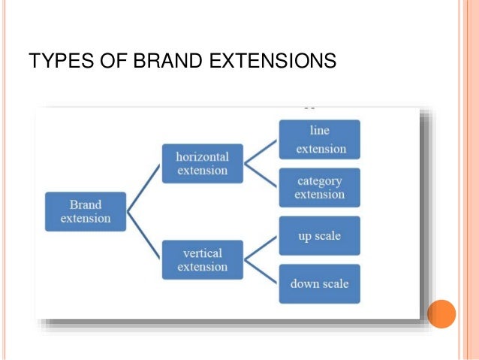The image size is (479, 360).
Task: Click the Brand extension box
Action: (x=86, y=211)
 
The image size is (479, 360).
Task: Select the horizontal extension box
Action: (x=202, y=163)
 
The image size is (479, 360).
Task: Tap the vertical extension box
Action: (x=202, y=259)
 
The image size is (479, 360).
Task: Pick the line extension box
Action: (x=319, y=140)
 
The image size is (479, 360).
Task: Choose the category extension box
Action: (x=319, y=188)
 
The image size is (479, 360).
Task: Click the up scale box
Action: (x=319, y=236)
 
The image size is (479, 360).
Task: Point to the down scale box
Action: (x=319, y=284)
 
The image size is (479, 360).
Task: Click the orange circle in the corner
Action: (x=441, y=313)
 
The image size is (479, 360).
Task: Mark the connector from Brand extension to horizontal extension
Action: (x=144, y=188)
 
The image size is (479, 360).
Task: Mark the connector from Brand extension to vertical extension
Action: (x=144, y=234)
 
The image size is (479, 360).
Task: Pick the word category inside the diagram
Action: (x=319, y=181)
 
